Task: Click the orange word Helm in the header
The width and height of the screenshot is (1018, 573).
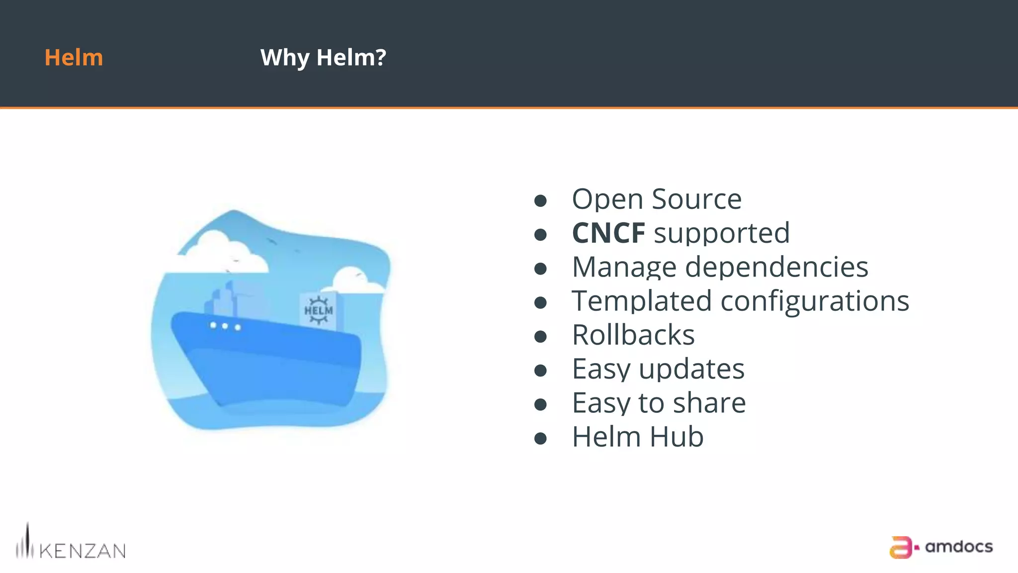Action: [74, 58]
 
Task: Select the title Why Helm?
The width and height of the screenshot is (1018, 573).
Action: [323, 58]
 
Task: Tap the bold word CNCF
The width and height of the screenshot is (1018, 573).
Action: [608, 233]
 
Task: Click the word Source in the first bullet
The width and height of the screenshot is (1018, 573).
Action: [696, 199]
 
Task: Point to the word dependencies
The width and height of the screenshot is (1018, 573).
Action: [776, 267]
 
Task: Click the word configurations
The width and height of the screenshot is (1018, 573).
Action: [815, 301]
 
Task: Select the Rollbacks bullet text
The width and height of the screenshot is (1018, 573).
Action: [633, 335]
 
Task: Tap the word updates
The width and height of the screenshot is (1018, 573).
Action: [691, 369]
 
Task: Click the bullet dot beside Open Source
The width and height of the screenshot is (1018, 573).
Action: [540, 201]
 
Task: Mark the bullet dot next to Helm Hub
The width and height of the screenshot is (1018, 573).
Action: [540, 439]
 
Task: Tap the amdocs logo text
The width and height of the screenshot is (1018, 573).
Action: [958, 547]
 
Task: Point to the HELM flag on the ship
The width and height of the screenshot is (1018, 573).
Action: [319, 310]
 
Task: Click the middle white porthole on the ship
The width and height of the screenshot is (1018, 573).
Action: [225, 326]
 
